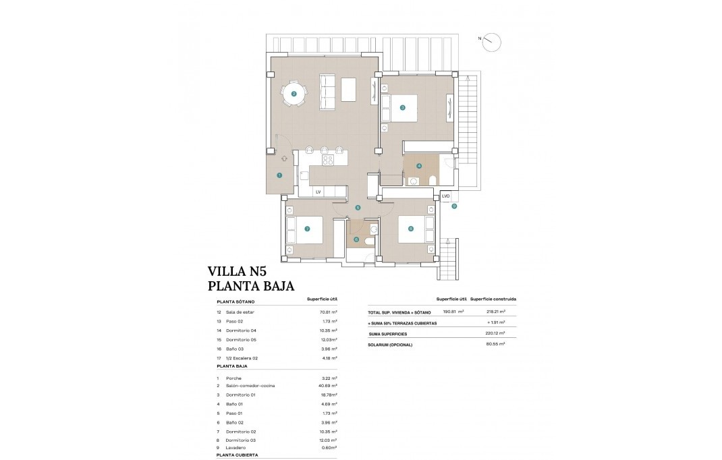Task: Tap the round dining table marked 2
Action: point(294,94)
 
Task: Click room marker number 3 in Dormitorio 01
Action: point(402,107)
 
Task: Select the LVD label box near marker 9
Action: point(445,196)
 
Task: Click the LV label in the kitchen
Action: point(318,192)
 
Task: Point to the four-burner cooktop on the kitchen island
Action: point(329,160)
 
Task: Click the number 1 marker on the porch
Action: point(279,175)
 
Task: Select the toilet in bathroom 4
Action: point(431,179)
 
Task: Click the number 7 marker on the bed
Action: point(307,229)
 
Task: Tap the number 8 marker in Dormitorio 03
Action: point(410,229)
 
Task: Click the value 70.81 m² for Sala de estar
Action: point(328,313)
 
